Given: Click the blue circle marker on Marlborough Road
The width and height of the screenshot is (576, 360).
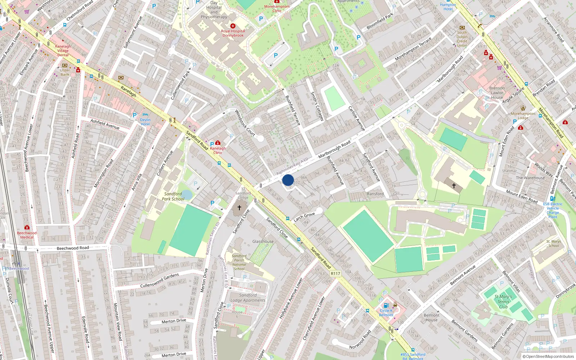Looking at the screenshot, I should [x=288, y=180].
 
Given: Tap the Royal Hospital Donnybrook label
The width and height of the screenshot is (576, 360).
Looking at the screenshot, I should [x=233, y=33].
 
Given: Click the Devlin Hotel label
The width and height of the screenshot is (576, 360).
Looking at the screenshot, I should [x=145, y=122].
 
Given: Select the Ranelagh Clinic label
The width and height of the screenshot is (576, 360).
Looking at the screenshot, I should [x=218, y=150].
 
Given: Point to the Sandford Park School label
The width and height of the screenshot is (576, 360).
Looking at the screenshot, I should [x=173, y=196].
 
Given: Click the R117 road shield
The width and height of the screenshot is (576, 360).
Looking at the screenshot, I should [x=335, y=274].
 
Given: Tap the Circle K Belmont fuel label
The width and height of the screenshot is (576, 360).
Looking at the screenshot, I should [x=386, y=312].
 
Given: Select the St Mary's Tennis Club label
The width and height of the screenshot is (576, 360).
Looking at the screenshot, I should [x=503, y=302].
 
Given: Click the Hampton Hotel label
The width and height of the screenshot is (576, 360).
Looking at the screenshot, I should [x=448, y=7].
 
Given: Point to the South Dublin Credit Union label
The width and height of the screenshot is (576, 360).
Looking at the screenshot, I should [x=462, y=39].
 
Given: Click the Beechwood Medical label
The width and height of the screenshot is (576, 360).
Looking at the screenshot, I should [x=27, y=235].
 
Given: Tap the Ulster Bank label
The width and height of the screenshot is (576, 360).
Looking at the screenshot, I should [x=65, y=72].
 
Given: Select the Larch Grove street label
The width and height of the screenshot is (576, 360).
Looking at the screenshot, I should [x=304, y=217].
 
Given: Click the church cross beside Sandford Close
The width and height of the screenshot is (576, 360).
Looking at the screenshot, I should [x=239, y=208].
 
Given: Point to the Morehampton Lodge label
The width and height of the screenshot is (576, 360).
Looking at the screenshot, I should [x=523, y=116].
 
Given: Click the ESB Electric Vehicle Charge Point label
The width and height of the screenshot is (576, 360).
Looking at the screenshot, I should [x=553, y=210].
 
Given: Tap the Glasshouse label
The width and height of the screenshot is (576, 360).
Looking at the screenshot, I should [x=263, y=242].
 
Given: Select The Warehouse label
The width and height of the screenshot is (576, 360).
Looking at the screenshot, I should [x=530, y=178].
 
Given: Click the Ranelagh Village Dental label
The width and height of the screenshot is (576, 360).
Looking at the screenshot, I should [x=63, y=50].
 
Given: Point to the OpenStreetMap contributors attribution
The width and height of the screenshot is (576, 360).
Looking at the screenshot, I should [x=548, y=357].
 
